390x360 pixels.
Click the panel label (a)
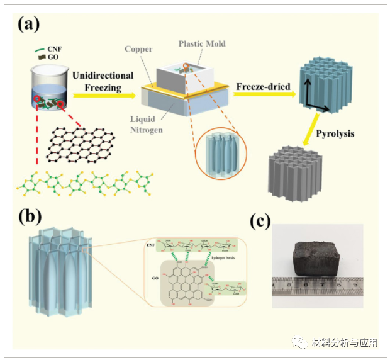30,25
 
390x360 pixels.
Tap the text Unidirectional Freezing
103,81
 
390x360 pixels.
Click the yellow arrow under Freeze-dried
264,95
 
